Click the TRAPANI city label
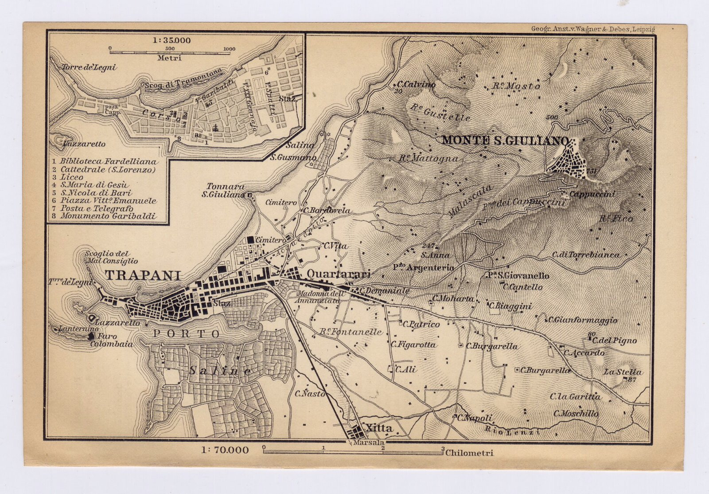coord(143,275)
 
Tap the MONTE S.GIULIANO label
coord(505,141)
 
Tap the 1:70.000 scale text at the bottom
coord(225,451)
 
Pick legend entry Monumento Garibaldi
coord(108,216)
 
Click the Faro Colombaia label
coord(111,340)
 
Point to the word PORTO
coord(187,333)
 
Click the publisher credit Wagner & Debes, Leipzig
coord(593,29)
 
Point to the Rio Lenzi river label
coord(512,430)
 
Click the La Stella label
coord(622,372)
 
